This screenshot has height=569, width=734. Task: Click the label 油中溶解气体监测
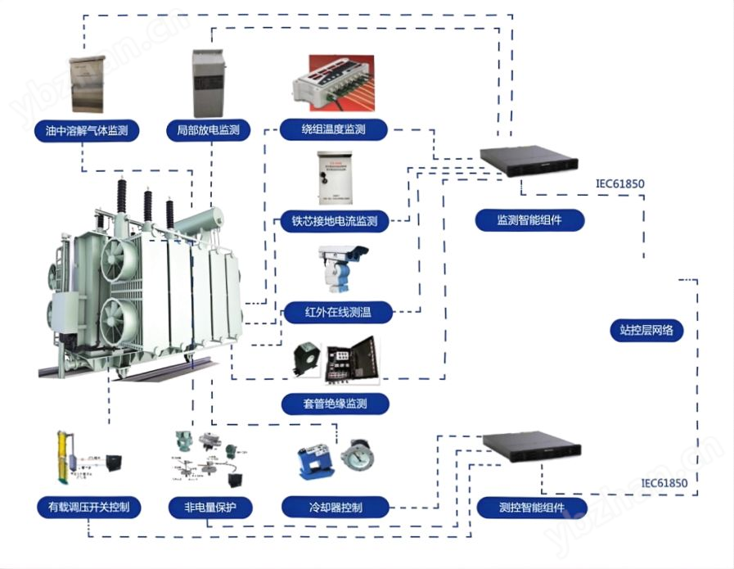pos(88,130)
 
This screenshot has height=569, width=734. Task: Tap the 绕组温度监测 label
pos(332,129)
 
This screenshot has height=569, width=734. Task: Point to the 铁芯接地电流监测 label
pos(334,221)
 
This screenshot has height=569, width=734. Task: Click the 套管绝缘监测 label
pos(334,404)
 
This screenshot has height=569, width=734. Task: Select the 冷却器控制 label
pos(334,508)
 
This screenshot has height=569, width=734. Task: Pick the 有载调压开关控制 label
pos(88,508)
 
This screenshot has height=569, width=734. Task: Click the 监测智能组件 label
pos(529,220)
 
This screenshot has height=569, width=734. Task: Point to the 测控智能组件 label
pos(533,508)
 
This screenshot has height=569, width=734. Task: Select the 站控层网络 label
pos(646,331)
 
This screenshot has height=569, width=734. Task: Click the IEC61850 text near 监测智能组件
pos(619,184)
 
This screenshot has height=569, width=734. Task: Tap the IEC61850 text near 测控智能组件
pos(664,482)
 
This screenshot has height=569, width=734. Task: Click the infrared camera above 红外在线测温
pos(342,266)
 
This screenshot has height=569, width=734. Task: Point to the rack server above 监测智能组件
pos(529,160)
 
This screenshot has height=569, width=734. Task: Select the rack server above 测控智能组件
pos(532,446)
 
